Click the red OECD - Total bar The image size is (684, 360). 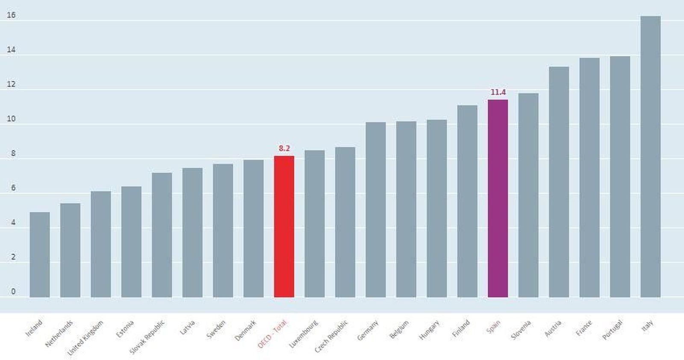284,227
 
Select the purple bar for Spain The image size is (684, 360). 498,198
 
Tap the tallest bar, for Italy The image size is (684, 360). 650,156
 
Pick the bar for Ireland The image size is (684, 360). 40,254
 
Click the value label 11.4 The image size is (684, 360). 498,92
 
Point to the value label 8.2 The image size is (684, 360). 284,148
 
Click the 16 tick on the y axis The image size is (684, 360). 11,15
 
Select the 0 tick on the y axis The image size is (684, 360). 13,292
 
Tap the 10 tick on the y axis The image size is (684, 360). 11,119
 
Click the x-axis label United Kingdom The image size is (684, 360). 85,338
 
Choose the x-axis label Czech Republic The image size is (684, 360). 331,336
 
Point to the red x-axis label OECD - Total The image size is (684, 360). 272,334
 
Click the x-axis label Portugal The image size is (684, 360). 612,330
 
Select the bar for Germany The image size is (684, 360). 375,210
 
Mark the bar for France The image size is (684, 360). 589,177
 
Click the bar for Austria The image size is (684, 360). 559,182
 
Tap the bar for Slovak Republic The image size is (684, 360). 162,235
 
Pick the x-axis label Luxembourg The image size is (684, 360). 304,333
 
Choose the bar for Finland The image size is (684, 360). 467,201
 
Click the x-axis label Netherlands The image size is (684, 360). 59,333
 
